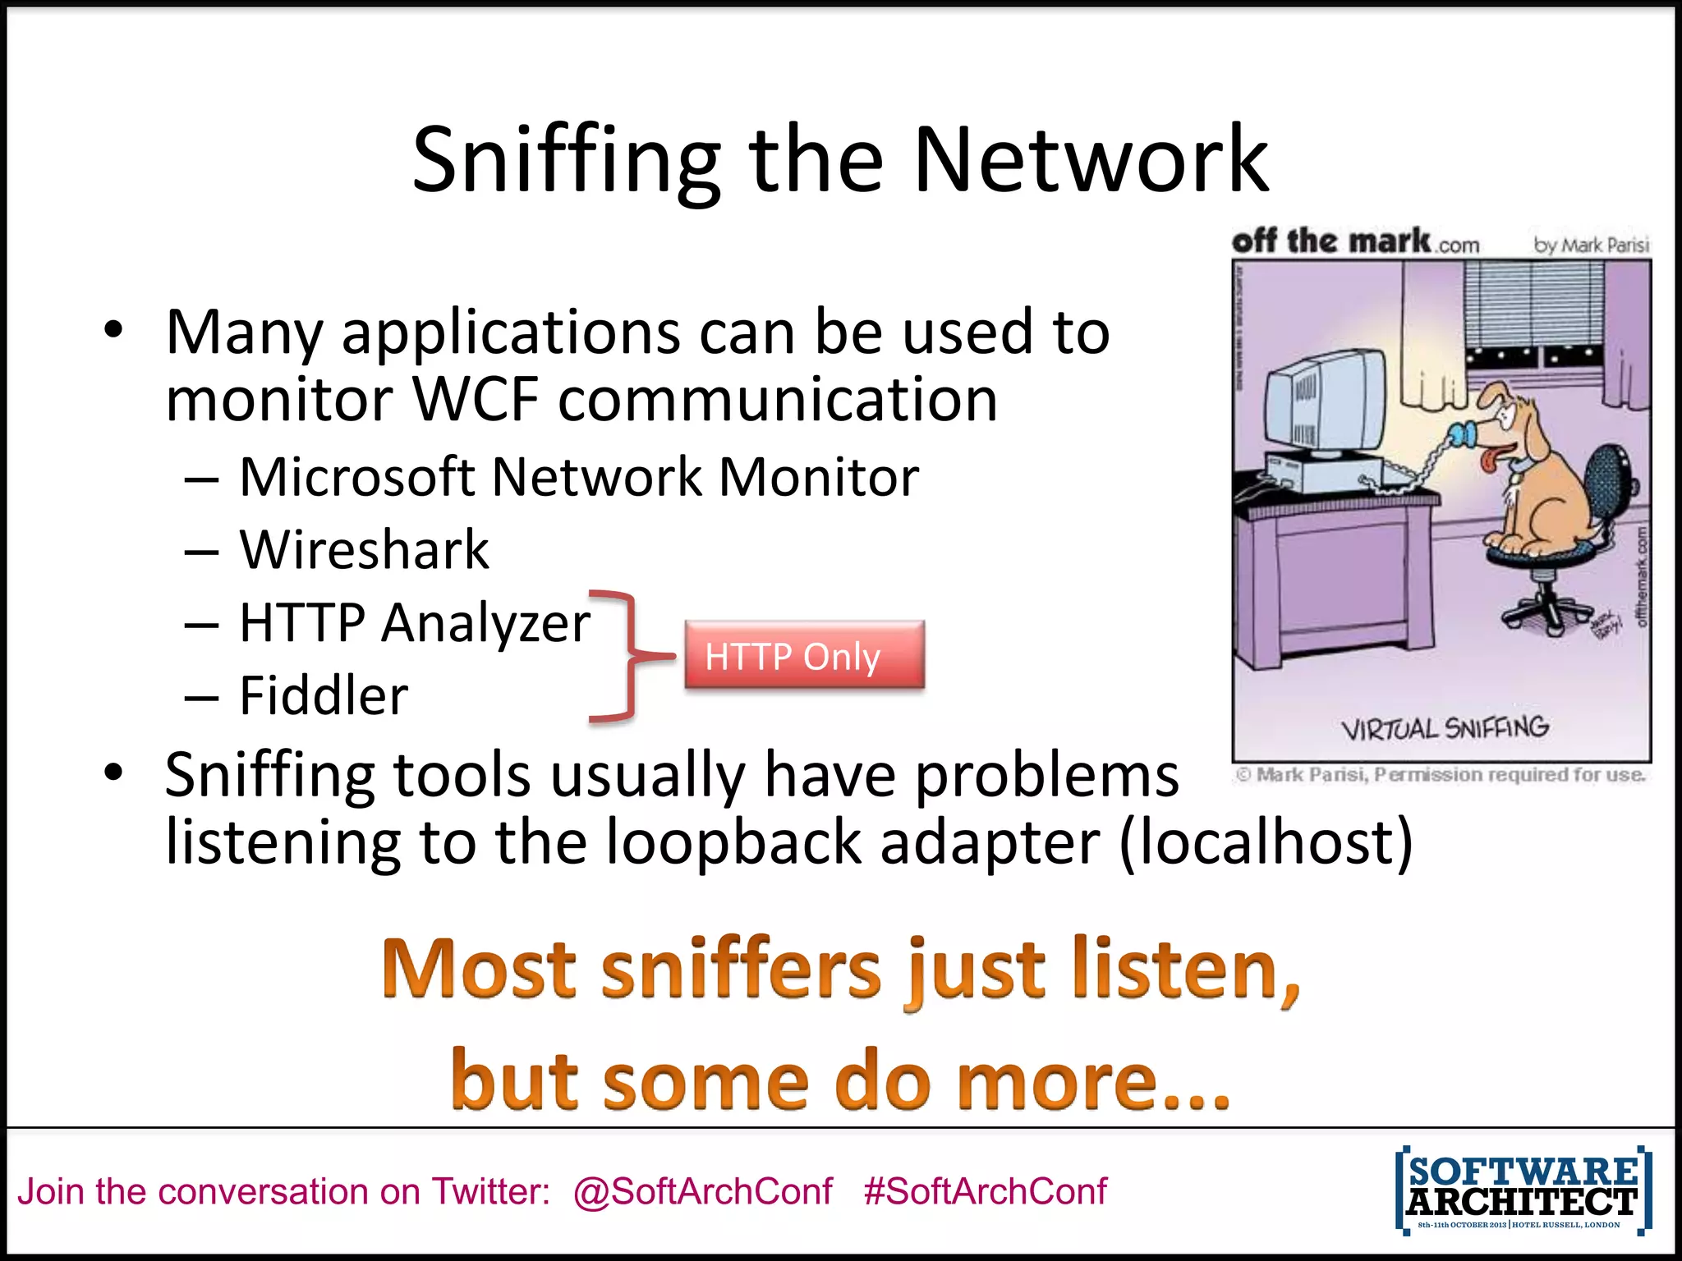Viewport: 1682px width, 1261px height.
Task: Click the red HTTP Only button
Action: [804, 655]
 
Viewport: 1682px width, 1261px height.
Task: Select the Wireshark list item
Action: [364, 549]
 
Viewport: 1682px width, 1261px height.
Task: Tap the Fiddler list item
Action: [324, 695]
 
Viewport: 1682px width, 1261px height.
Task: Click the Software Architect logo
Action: [1523, 1190]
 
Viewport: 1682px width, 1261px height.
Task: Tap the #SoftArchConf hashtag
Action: [985, 1191]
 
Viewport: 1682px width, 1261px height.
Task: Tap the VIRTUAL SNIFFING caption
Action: [1445, 728]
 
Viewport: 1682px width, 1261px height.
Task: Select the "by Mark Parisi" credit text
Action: [1591, 245]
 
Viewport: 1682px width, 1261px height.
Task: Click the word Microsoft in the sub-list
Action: [356, 477]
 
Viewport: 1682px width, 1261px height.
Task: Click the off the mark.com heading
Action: [1355, 241]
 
